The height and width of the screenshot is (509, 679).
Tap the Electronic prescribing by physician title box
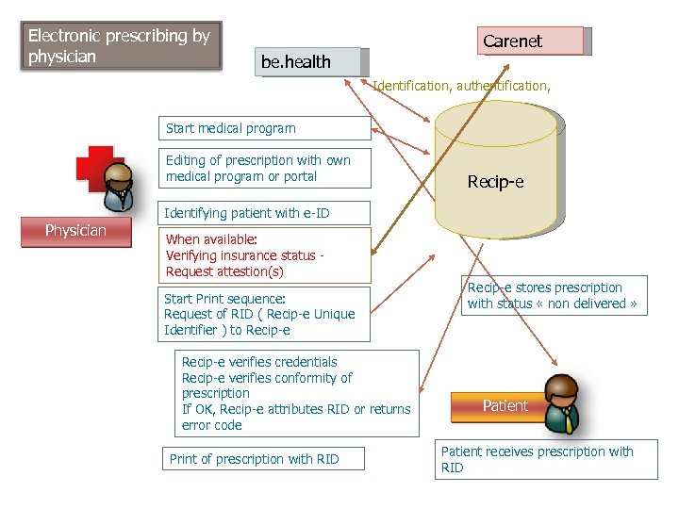[121, 45]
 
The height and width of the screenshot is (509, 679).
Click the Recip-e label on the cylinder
[495, 181]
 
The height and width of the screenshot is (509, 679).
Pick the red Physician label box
[76, 231]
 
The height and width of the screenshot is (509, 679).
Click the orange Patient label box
[505, 406]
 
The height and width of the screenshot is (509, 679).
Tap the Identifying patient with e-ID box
[247, 213]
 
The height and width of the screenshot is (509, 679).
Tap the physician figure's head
[120, 175]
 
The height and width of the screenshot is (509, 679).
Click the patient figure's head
[563, 389]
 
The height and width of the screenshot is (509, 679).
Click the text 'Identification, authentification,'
[461, 86]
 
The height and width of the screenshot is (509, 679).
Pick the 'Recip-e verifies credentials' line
[259, 362]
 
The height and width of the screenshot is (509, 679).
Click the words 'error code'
[212, 425]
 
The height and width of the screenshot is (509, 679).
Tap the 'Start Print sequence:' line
[224, 299]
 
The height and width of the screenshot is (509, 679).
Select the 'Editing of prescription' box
[263, 168]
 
